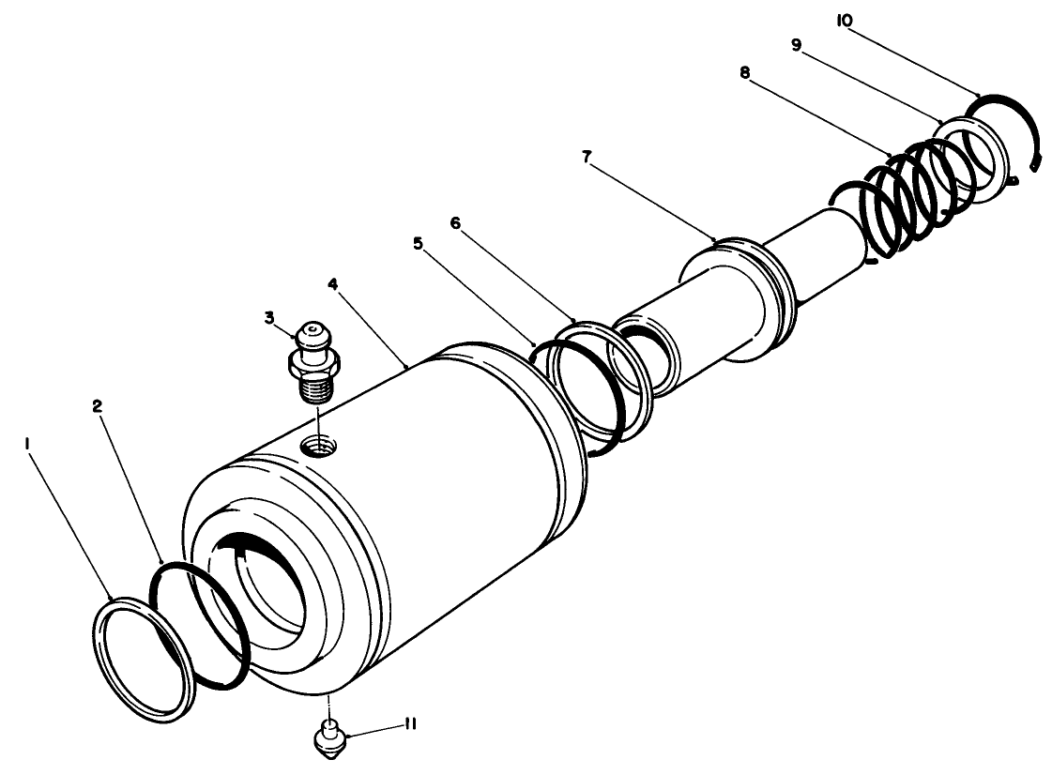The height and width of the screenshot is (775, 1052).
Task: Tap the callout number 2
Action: click(x=97, y=407)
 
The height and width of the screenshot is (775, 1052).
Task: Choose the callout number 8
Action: click(x=745, y=71)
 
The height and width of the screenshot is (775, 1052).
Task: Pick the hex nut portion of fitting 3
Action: click(x=313, y=360)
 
